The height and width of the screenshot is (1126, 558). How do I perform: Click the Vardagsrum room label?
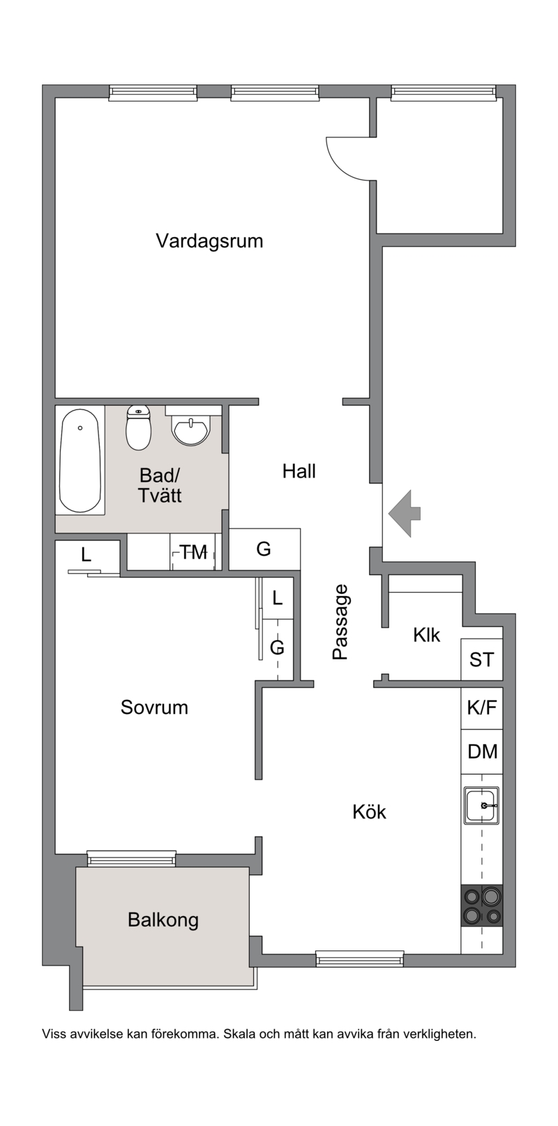pos(209,241)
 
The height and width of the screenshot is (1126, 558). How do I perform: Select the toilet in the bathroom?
pos(139,427)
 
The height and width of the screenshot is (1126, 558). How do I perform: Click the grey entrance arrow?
pos(404,513)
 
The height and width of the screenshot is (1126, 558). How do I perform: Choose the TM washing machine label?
pos(194,552)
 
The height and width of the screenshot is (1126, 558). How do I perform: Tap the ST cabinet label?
pos(481,660)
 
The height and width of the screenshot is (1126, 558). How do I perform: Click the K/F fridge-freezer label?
pos(481,708)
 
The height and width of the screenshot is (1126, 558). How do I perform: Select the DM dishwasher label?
pos(482,752)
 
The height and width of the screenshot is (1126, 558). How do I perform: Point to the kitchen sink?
pos(481,805)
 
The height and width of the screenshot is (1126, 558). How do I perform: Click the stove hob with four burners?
pos(481,905)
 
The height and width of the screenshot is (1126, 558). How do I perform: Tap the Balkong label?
pos(163,920)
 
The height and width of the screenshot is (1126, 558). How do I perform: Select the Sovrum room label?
pos(154,707)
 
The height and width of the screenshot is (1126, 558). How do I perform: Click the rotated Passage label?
pos(340,622)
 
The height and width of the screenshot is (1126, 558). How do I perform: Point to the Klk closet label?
pos(426,635)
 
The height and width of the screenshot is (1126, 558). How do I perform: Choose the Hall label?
pos(299,471)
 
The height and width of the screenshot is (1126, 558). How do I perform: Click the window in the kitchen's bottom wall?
pos(360,959)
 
